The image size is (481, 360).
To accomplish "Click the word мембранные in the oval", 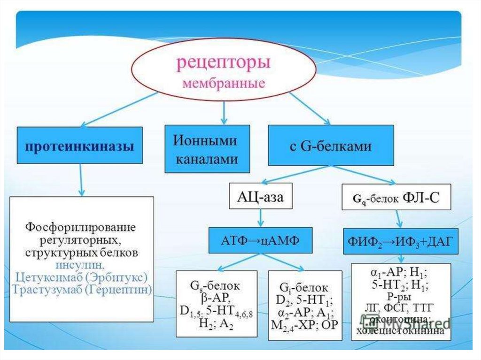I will click(x=223, y=85).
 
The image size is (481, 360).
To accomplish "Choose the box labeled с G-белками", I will click(x=330, y=145).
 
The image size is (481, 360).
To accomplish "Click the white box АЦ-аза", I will click(x=260, y=196).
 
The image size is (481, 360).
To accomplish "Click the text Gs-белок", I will click(x=210, y=285).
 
